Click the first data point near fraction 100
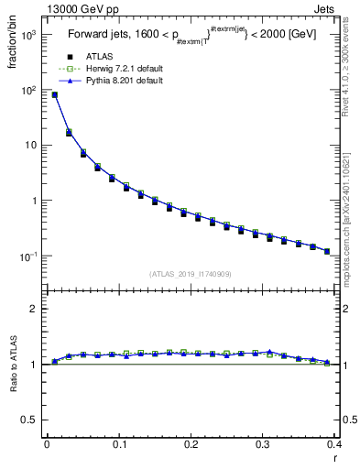[54, 94]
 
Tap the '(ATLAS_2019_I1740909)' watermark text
[190, 274]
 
